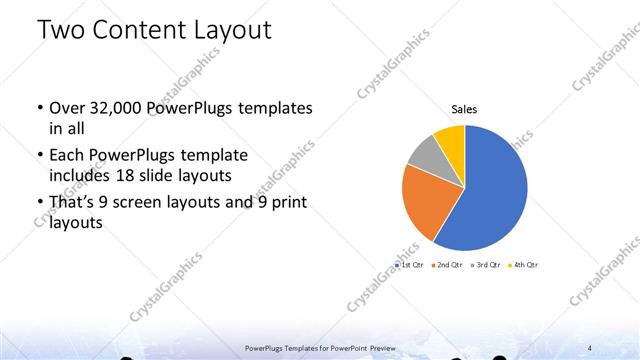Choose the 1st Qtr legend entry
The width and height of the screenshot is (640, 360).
coord(411,265)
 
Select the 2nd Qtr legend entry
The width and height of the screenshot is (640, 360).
coord(449,265)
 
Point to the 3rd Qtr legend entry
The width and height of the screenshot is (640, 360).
coord(487,265)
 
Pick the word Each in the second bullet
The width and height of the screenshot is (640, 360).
coord(68,156)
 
